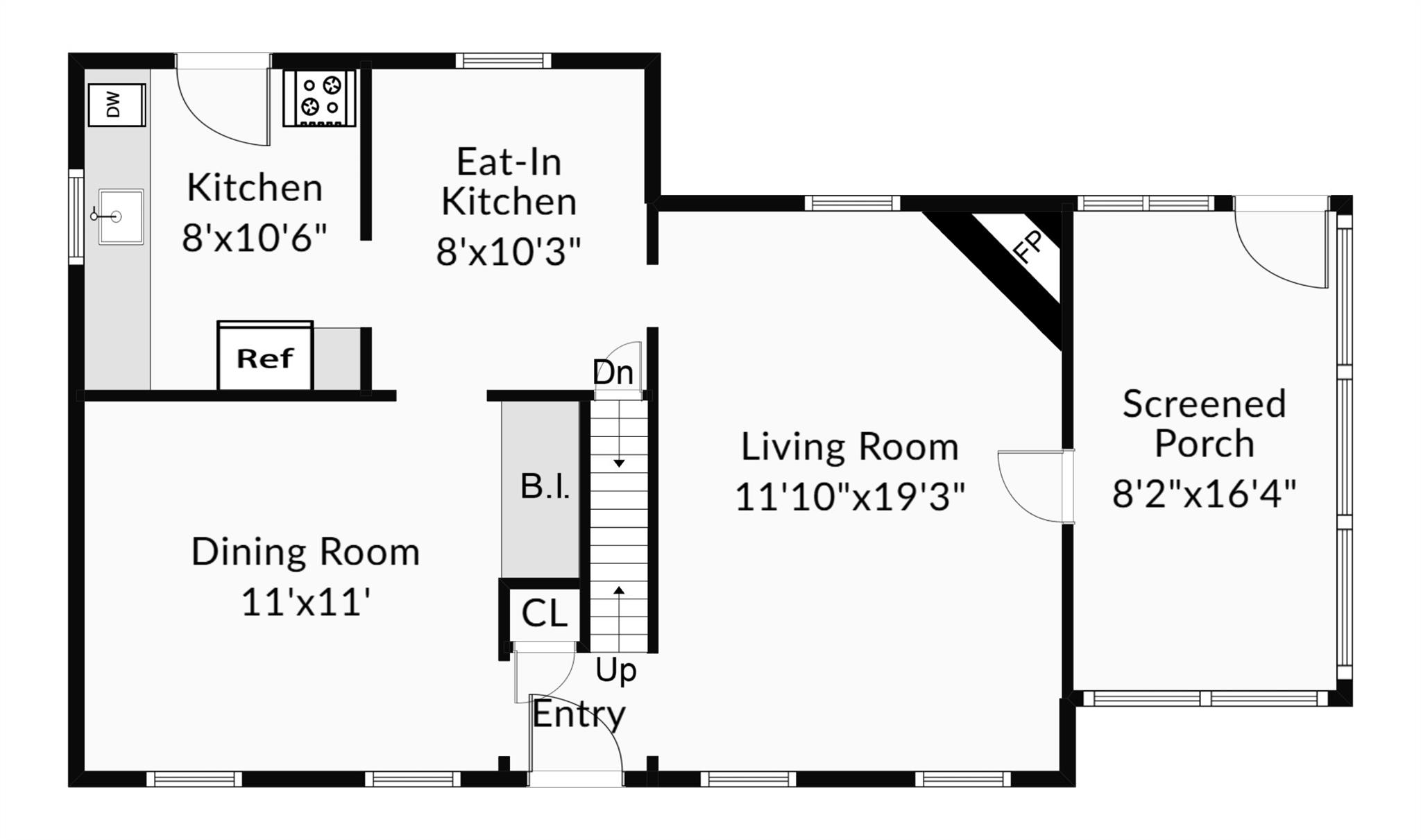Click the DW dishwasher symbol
117,105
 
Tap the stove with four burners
320,98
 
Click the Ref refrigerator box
265,357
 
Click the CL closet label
544,614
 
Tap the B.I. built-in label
545,486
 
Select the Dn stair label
613,372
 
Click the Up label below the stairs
616,671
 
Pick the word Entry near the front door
579,714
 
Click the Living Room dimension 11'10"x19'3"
850,497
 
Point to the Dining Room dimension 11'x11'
305,601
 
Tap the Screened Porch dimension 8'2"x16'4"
1204,494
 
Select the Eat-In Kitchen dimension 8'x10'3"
509,251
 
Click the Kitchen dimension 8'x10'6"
254,238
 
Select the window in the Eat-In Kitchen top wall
504,61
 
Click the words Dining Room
305,552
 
